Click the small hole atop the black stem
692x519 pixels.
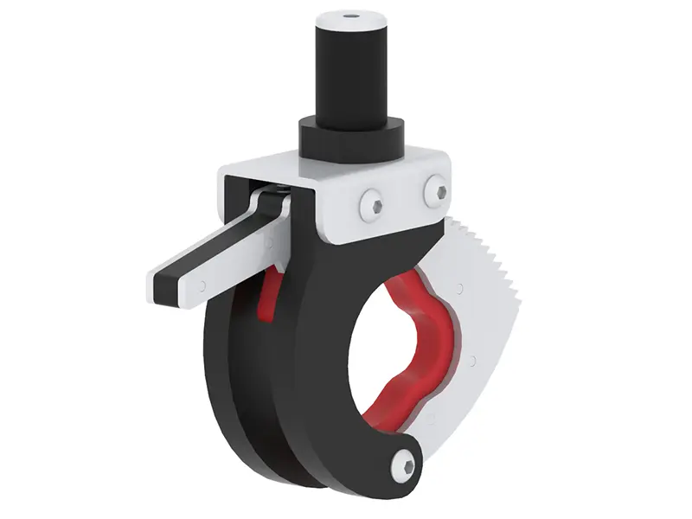coord(349,15)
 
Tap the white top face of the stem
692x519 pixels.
coord(337,19)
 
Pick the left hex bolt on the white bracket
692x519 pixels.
coord(373,204)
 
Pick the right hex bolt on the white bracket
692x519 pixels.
coord(435,191)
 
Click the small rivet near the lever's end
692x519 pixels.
coord(202,283)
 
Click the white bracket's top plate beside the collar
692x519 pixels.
coord(259,170)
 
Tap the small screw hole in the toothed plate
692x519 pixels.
coord(472,358)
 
